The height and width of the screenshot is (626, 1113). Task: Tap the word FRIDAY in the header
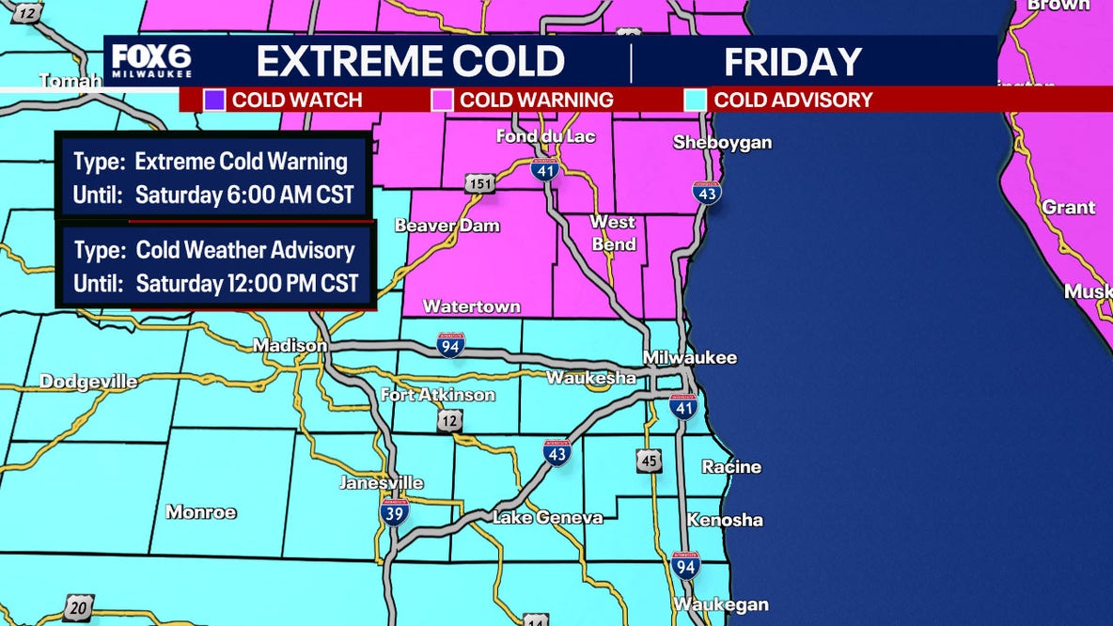coord(792,62)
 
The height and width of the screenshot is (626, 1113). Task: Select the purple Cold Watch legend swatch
coord(214,100)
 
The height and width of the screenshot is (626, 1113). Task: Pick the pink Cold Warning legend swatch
coord(442,100)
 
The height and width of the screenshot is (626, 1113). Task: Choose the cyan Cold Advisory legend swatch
coord(696,100)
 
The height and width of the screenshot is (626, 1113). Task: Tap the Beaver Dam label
coord(447,226)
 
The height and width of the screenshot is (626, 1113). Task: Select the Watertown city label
coord(471,306)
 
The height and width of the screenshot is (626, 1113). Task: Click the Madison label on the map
coord(290,346)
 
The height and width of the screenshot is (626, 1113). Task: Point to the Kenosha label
coord(725,520)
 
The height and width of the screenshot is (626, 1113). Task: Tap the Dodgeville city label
coord(88,382)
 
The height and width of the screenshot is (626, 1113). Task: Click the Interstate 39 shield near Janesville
coord(394,512)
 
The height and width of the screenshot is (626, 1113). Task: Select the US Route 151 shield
coord(478,183)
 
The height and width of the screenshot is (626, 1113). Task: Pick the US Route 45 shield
coord(648,461)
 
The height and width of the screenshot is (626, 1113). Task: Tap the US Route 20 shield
coord(78,607)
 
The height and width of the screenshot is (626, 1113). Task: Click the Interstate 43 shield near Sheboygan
coord(707,192)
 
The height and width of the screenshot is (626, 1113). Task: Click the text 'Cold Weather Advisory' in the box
coord(245,250)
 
